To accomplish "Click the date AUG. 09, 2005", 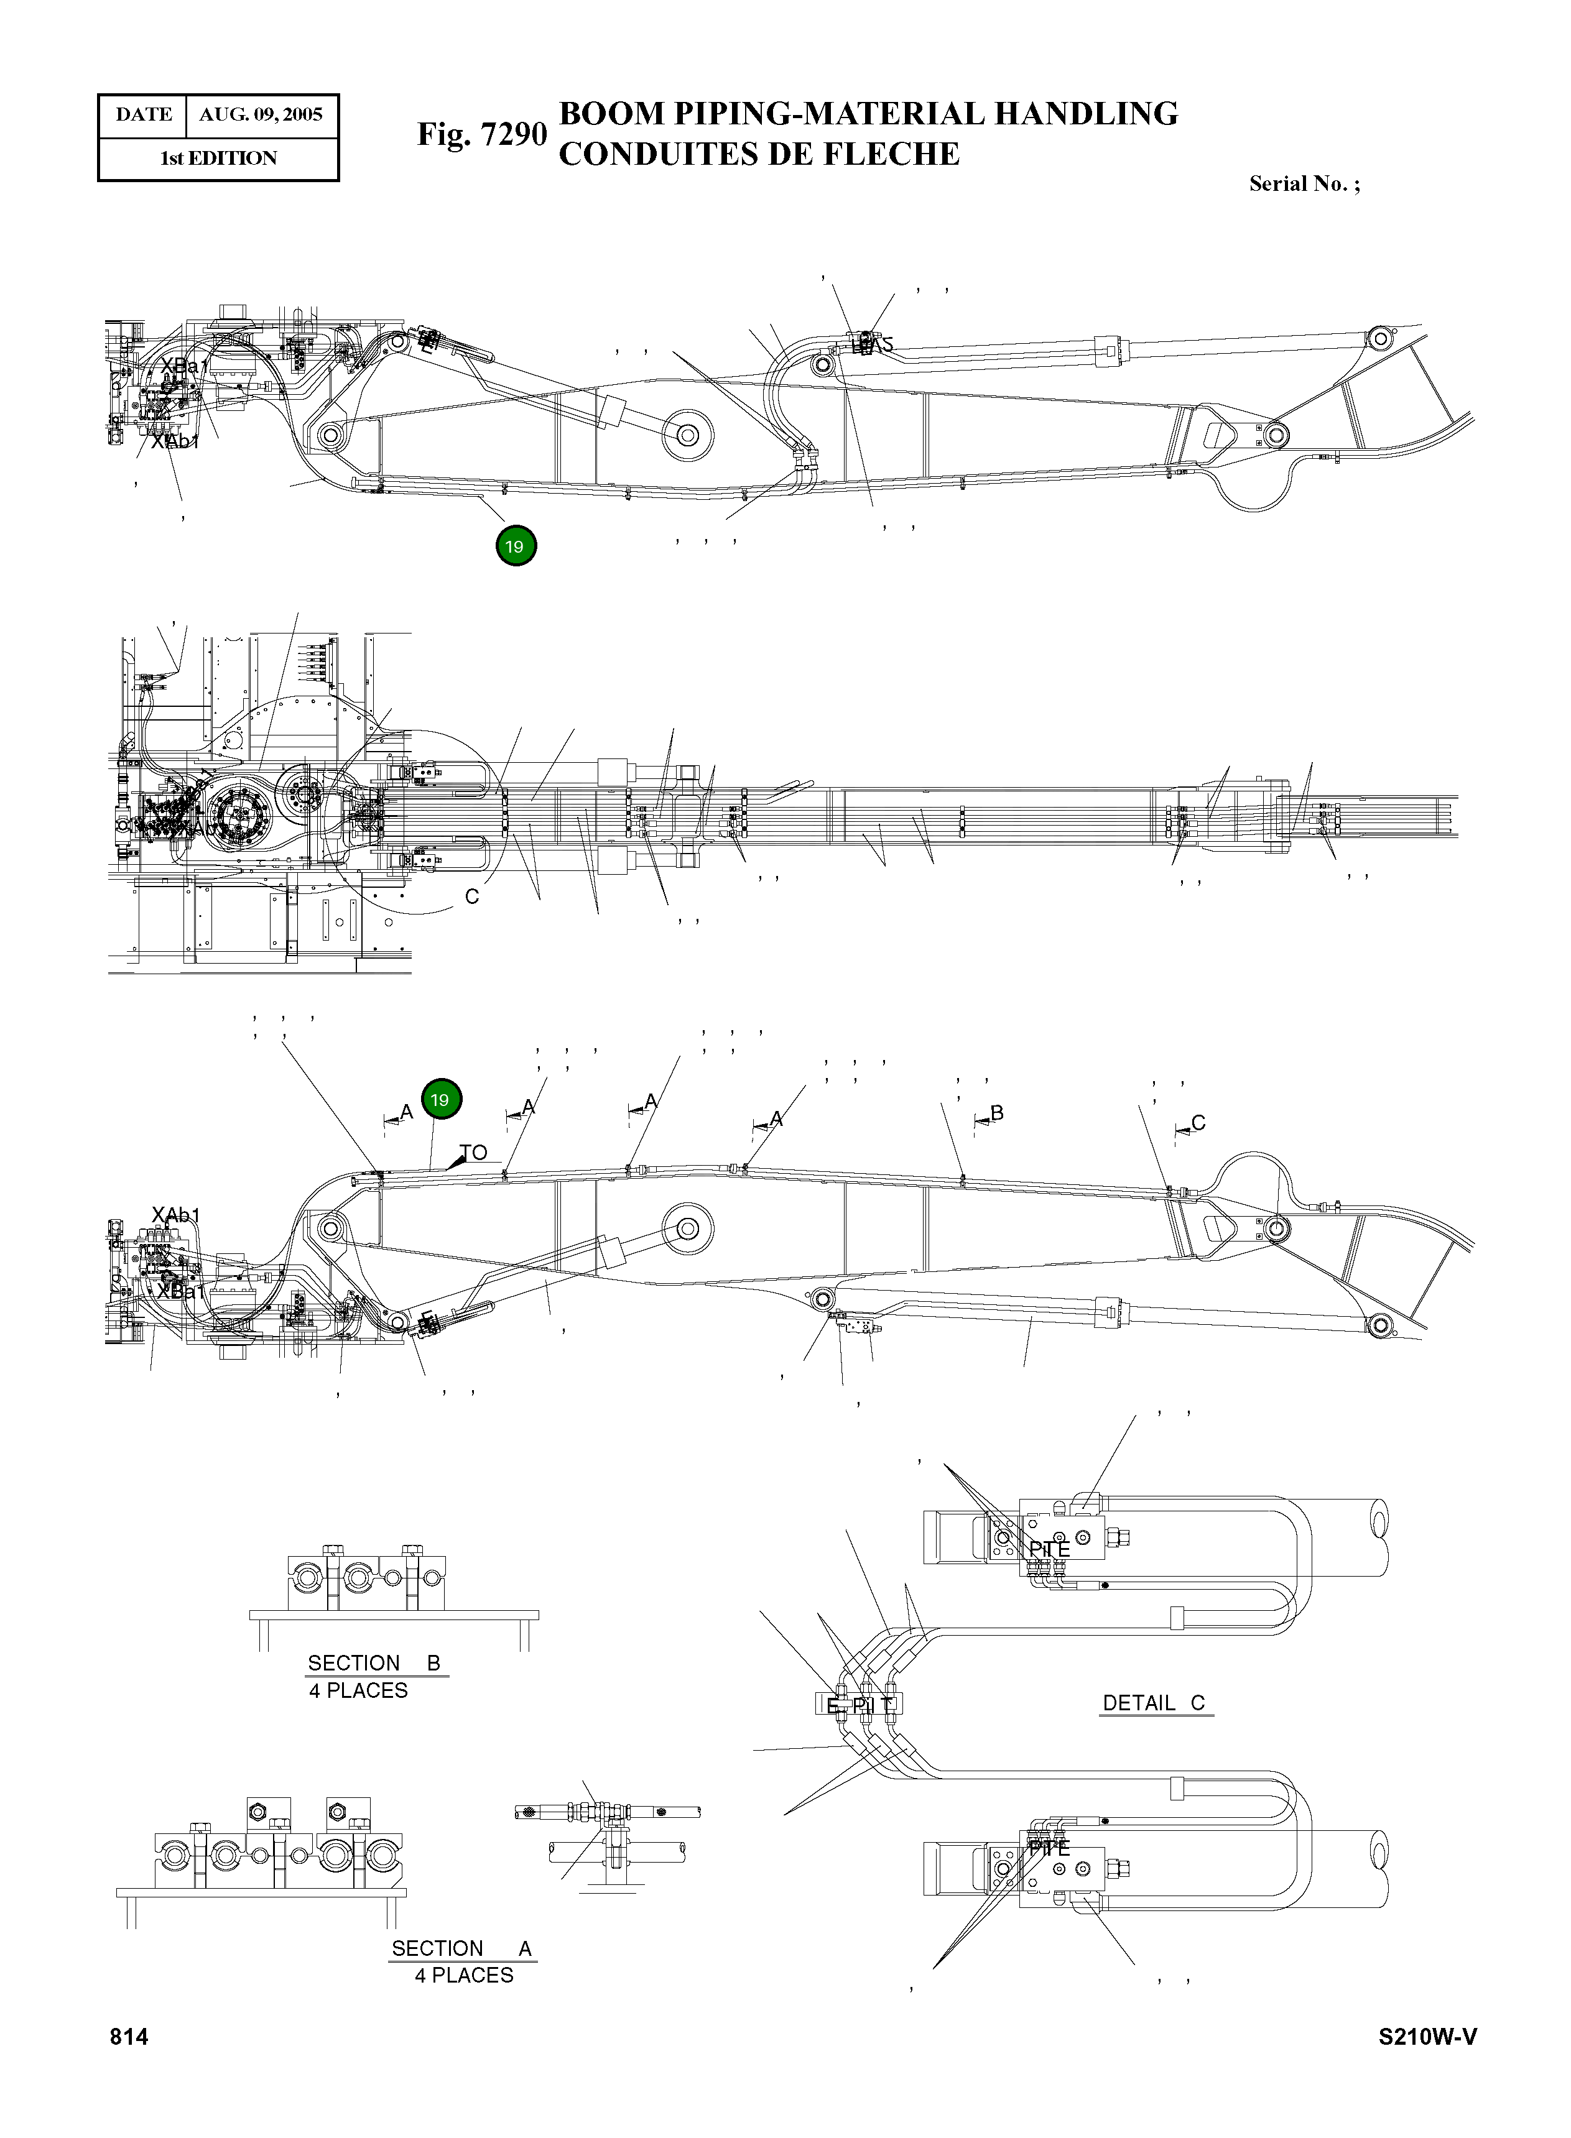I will point(261,115).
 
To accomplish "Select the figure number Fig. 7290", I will point(482,134).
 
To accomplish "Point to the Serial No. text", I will point(1304,183).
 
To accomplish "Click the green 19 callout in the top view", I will point(516,546).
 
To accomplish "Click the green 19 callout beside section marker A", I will point(440,1100).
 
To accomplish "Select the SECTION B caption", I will point(374,1662).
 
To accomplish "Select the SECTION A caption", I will point(461,1948).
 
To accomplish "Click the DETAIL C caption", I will point(1154,1703).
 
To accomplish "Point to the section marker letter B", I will point(996,1112).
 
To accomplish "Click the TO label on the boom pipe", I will point(473,1152).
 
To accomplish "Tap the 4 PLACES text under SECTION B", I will point(358,1690).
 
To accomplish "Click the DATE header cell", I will point(144,115).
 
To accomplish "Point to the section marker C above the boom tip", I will point(1198,1123).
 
